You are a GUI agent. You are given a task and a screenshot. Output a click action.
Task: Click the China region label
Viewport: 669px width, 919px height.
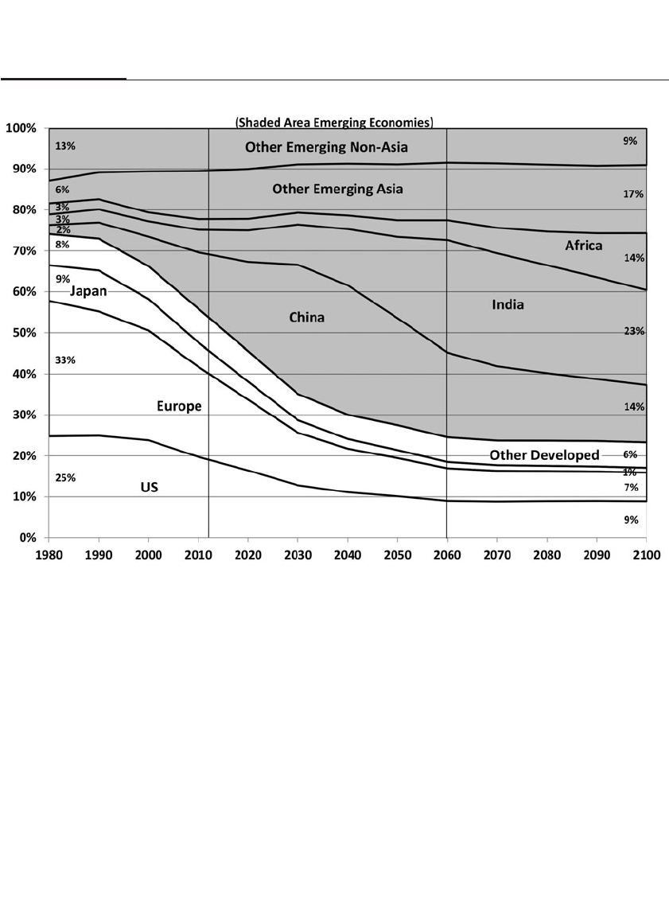[x=306, y=317]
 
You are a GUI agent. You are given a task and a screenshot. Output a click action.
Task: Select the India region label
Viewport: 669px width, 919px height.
[x=508, y=304]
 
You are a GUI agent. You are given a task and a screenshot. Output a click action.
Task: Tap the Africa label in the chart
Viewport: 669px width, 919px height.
[x=584, y=246]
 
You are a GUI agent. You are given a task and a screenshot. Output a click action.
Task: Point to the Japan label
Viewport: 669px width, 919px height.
[x=88, y=291]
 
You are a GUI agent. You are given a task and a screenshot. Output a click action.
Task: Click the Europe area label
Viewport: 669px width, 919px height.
[x=178, y=407]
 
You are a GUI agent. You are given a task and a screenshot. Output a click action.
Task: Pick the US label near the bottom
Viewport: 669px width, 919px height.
[x=150, y=487]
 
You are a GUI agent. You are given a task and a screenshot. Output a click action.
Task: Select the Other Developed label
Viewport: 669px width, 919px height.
[x=544, y=455]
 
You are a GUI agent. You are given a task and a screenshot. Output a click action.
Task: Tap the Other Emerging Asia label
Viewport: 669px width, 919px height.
[x=337, y=189]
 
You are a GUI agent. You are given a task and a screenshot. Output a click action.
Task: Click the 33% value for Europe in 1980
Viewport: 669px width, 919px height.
[x=65, y=360]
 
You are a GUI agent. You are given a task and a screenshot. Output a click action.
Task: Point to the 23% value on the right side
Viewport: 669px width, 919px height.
[x=634, y=331]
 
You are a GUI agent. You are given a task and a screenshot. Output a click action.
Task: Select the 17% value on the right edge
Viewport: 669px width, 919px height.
[x=634, y=194]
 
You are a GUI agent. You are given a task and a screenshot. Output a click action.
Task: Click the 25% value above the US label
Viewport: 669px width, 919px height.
[x=65, y=478]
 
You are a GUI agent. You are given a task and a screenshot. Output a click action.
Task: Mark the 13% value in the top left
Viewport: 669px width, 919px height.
[x=65, y=146]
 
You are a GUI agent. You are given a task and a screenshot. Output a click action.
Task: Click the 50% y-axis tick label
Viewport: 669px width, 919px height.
[x=24, y=333]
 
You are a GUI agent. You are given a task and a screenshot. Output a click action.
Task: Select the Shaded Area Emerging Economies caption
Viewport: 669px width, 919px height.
[x=333, y=123]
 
